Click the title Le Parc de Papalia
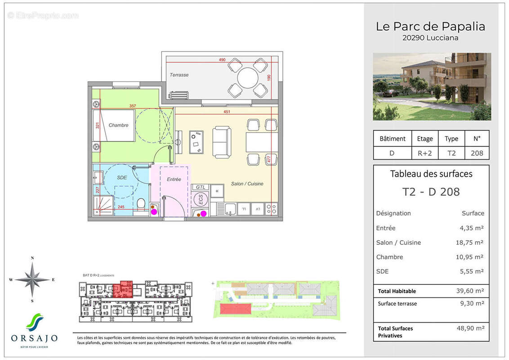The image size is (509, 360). pyautogui.click(x=430, y=27)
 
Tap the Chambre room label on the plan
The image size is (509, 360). pyautogui.click(x=118, y=125)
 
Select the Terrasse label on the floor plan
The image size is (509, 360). pyautogui.click(x=179, y=75)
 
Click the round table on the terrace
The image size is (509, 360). pyautogui.click(x=248, y=78)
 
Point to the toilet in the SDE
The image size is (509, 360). pyautogui.click(x=141, y=206)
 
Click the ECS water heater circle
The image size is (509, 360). pyautogui.click(x=201, y=199)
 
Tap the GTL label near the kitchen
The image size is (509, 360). pyautogui.click(x=201, y=187)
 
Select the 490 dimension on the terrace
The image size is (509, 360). pyautogui.click(x=222, y=60)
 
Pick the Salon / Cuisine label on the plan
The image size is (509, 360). pyautogui.click(x=247, y=184)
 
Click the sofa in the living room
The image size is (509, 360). pyautogui.click(x=222, y=141)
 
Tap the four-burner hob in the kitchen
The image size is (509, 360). pyautogui.click(x=272, y=209)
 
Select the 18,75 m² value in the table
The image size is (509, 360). pyautogui.click(x=470, y=243)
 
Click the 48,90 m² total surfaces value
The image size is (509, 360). pyautogui.click(x=470, y=328)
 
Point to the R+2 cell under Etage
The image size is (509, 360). pyautogui.click(x=424, y=153)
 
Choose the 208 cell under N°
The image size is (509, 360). pyautogui.click(x=477, y=153)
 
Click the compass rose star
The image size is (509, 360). pyautogui.click(x=32, y=279)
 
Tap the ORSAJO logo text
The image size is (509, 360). pyautogui.click(x=34, y=338)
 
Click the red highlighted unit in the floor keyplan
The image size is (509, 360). pyautogui.click(x=123, y=290)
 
